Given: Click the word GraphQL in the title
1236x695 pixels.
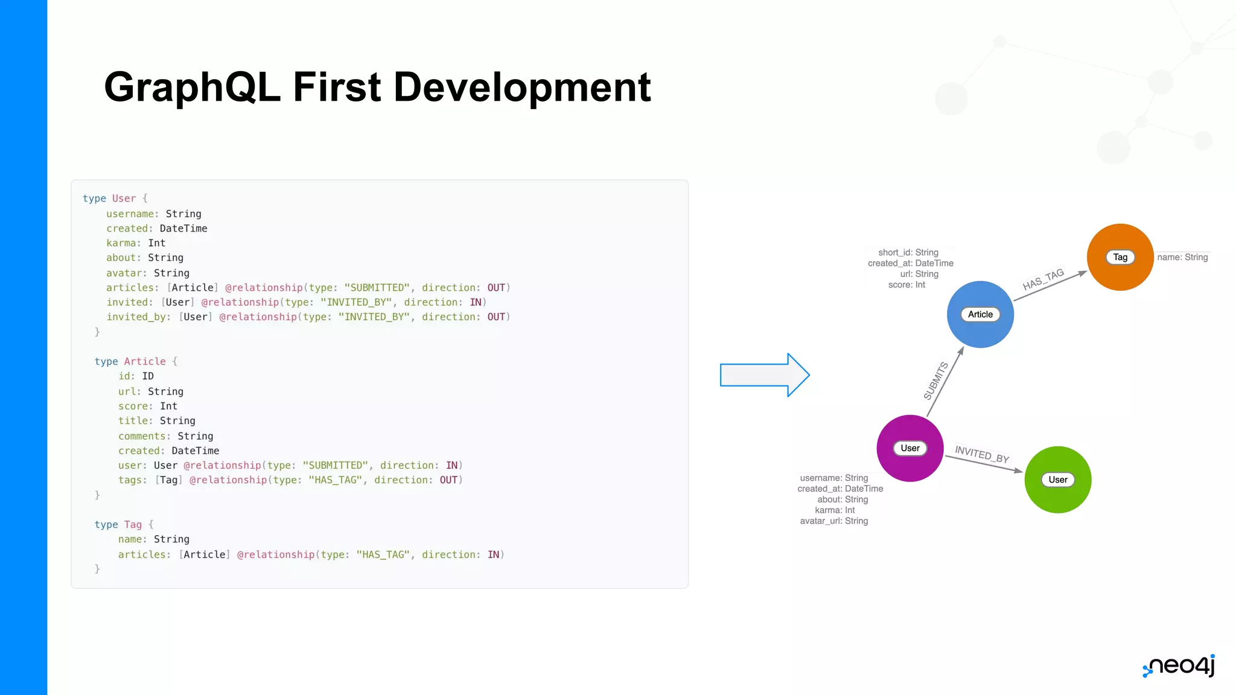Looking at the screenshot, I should click(x=192, y=87).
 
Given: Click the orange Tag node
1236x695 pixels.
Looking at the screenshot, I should click(x=1120, y=257).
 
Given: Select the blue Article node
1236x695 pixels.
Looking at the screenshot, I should click(x=980, y=314).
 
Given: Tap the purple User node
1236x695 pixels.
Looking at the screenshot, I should click(x=909, y=448).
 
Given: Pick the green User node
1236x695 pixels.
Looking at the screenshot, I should click(x=1057, y=480).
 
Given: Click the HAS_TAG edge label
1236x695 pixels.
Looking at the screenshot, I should click(x=1043, y=279).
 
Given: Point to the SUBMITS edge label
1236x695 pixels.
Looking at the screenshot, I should click(x=935, y=380).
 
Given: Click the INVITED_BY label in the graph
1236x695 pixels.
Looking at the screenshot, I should click(x=981, y=454).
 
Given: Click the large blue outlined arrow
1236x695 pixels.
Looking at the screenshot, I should click(x=764, y=375).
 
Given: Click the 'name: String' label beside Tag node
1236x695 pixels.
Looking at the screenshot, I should click(x=1182, y=258).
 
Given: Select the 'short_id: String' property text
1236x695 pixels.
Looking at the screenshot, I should click(x=908, y=253).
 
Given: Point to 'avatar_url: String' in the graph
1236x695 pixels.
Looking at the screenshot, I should click(x=834, y=521).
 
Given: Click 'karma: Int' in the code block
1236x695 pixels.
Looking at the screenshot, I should click(x=136, y=243).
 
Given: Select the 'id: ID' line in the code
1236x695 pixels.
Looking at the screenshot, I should click(x=136, y=376).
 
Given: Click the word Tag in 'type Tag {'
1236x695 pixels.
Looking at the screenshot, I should click(x=133, y=525).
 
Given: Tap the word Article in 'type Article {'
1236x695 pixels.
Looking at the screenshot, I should click(x=145, y=361).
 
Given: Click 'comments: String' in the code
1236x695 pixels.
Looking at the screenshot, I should click(x=165, y=436).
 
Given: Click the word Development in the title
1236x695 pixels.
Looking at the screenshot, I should click(x=522, y=87).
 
